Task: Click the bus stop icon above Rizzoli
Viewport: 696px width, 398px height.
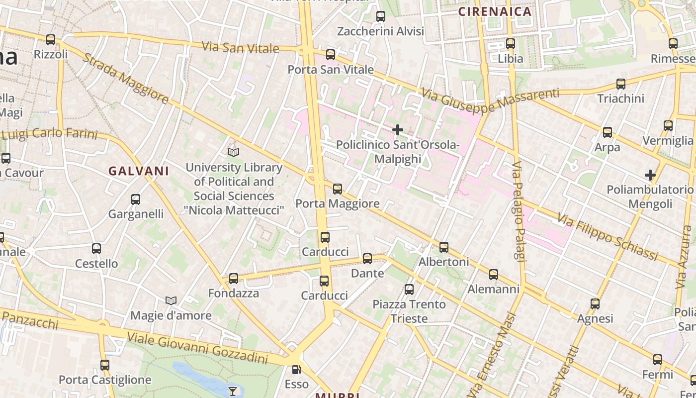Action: pos(51,40)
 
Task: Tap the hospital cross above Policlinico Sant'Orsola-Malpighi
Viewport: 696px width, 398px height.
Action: pos(398,130)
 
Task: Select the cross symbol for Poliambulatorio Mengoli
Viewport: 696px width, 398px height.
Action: pos(650,175)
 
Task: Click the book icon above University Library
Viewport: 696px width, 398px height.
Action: pos(233,152)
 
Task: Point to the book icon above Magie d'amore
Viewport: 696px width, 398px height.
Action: pos(171,301)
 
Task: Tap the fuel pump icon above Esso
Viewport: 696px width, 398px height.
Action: pos(296,370)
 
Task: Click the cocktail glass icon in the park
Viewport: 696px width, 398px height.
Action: pos(233,391)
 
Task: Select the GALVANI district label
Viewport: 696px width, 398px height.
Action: pos(139,171)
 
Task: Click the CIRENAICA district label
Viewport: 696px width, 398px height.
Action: pos(495,11)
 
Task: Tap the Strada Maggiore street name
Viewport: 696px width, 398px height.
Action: pos(125,79)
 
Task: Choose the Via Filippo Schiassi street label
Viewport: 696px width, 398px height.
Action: pos(608,237)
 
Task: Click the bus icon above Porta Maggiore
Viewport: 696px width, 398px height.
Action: pos(338,189)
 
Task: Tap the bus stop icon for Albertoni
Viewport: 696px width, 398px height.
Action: pos(444,247)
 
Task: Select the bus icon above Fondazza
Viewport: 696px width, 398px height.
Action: pos(234,279)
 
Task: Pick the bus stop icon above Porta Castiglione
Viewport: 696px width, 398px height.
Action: pos(104,365)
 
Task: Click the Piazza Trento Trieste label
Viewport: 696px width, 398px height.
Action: pos(409,311)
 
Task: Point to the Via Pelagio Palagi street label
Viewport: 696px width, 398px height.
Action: pos(519,211)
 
